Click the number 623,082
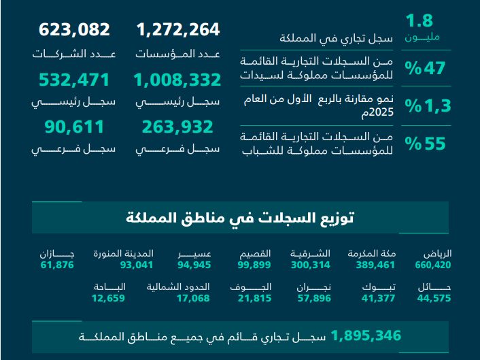(x=74, y=30)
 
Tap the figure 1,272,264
(x=178, y=30)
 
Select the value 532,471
(x=74, y=80)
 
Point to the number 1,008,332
(x=177, y=80)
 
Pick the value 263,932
(x=177, y=127)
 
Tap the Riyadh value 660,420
(x=433, y=265)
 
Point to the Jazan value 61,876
(x=57, y=265)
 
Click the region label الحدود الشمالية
(x=179, y=287)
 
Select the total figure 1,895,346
(x=366, y=336)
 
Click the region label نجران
(x=313, y=287)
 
